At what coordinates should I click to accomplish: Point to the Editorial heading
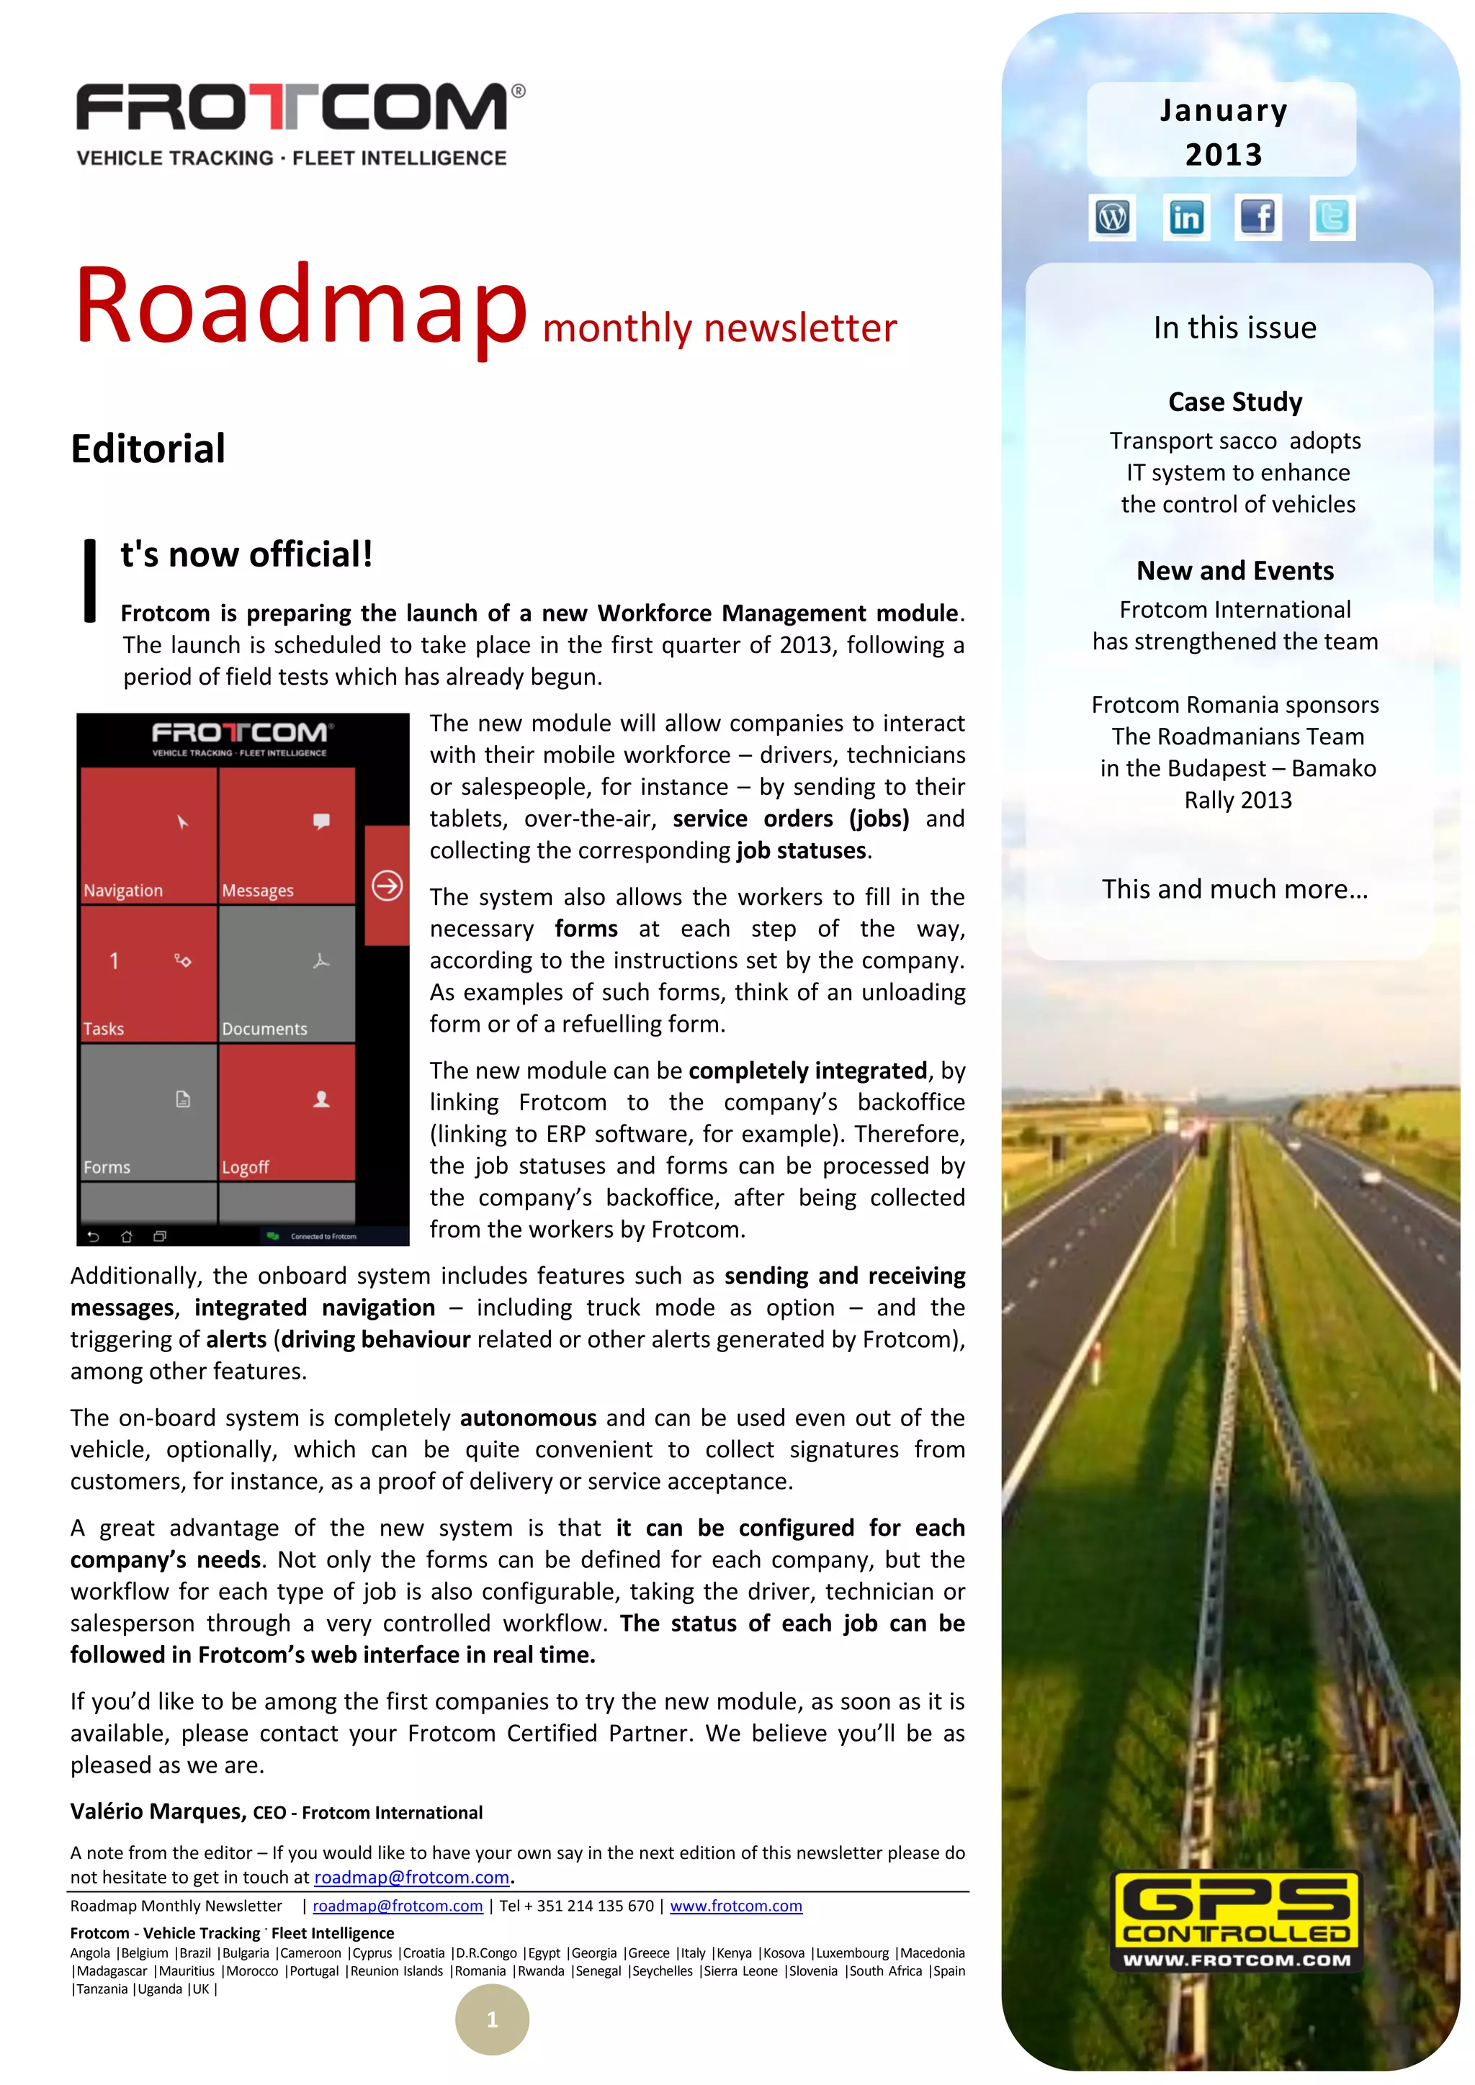pos(148,449)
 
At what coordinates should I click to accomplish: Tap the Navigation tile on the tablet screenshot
pos(149,835)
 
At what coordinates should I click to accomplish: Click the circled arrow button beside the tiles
pos(387,886)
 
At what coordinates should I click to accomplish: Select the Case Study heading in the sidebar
pos(1234,402)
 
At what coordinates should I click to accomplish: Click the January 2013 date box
pos(1221,131)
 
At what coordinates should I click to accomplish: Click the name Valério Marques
pos(158,1811)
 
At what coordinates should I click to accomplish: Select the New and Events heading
pos(1234,570)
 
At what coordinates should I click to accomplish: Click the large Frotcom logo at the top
pos(300,109)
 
